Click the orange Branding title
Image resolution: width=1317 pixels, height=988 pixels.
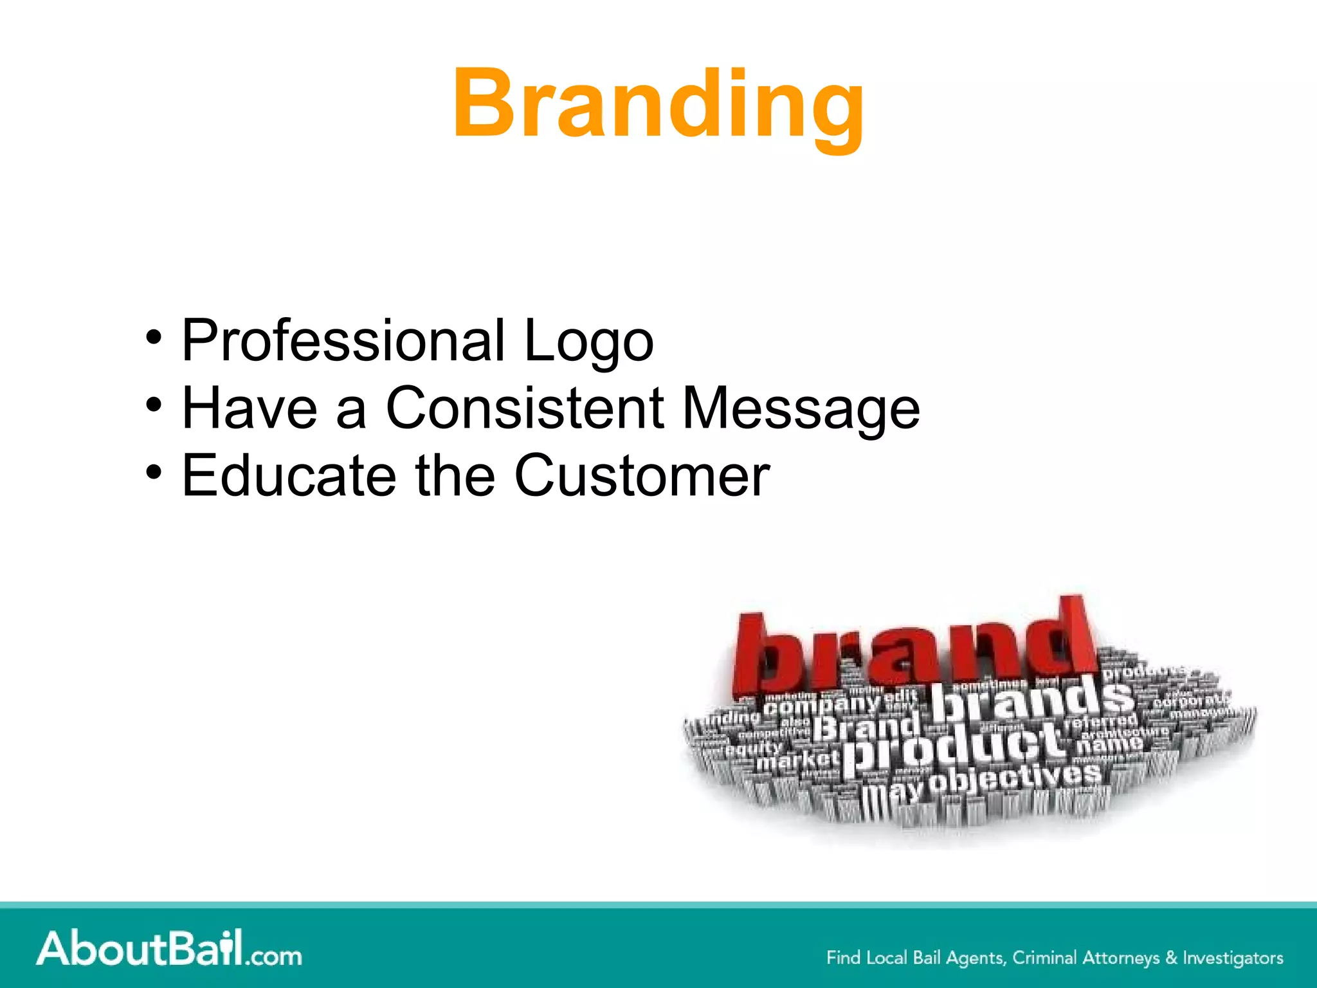tap(658, 105)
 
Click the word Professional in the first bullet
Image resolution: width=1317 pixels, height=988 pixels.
tap(343, 340)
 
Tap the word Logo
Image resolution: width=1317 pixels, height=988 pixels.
tap(588, 342)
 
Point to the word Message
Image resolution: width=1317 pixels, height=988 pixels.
tap(801, 409)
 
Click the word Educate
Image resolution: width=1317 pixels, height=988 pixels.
tap(289, 475)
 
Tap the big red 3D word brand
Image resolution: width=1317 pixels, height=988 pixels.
tap(913, 650)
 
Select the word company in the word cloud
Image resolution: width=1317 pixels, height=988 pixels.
tap(821, 704)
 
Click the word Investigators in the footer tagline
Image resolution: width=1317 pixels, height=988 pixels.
tap(1233, 958)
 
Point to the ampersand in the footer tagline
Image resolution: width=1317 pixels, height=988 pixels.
tap(1171, 958)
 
